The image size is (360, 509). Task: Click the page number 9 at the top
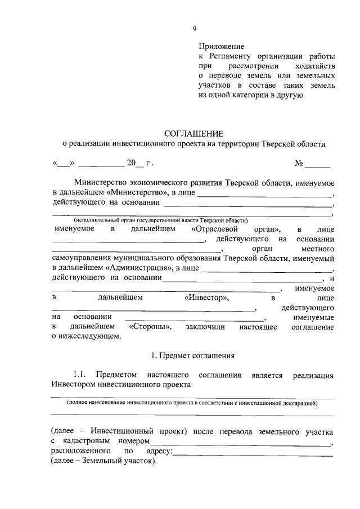pos(194,29)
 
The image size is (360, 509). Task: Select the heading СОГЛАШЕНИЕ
pos(193,133)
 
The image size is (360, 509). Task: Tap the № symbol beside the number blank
pos(299,164)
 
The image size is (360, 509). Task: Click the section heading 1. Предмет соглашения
pos(193,355)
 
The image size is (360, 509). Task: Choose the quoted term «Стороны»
pos(151,327)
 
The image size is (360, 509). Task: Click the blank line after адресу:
pos(253,452)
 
